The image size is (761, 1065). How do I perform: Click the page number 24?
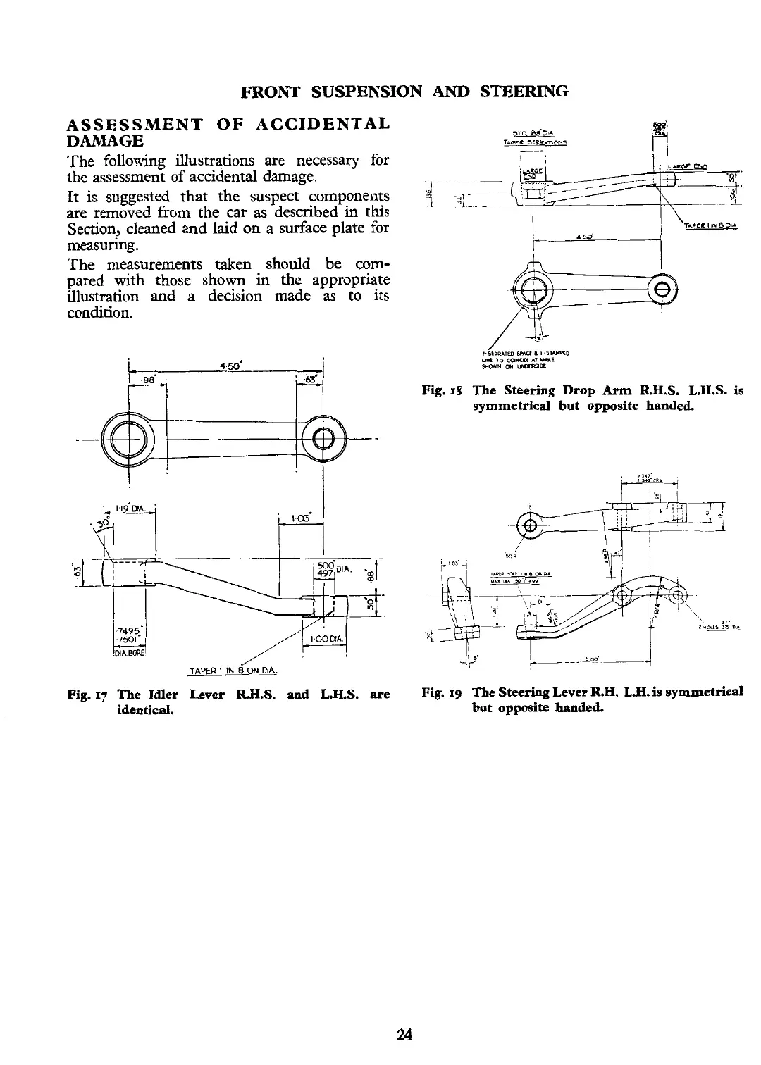click(x=404, y=1034)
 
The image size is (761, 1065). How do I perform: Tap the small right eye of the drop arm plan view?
click(x=662, y=290)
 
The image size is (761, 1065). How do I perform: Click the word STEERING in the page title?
click(x=524, y=92)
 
